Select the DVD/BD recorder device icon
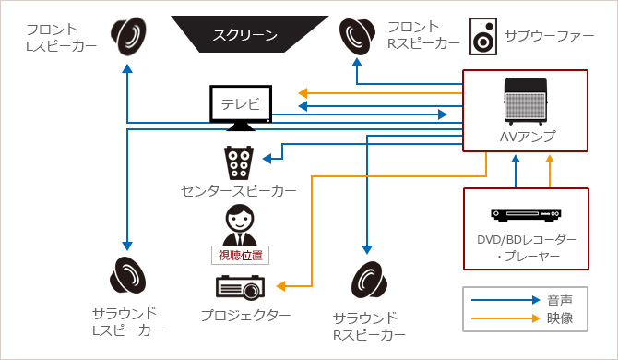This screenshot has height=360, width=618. coord(526,214)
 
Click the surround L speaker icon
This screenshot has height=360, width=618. coord(128,276)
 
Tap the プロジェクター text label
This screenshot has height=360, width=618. coord(245,316)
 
